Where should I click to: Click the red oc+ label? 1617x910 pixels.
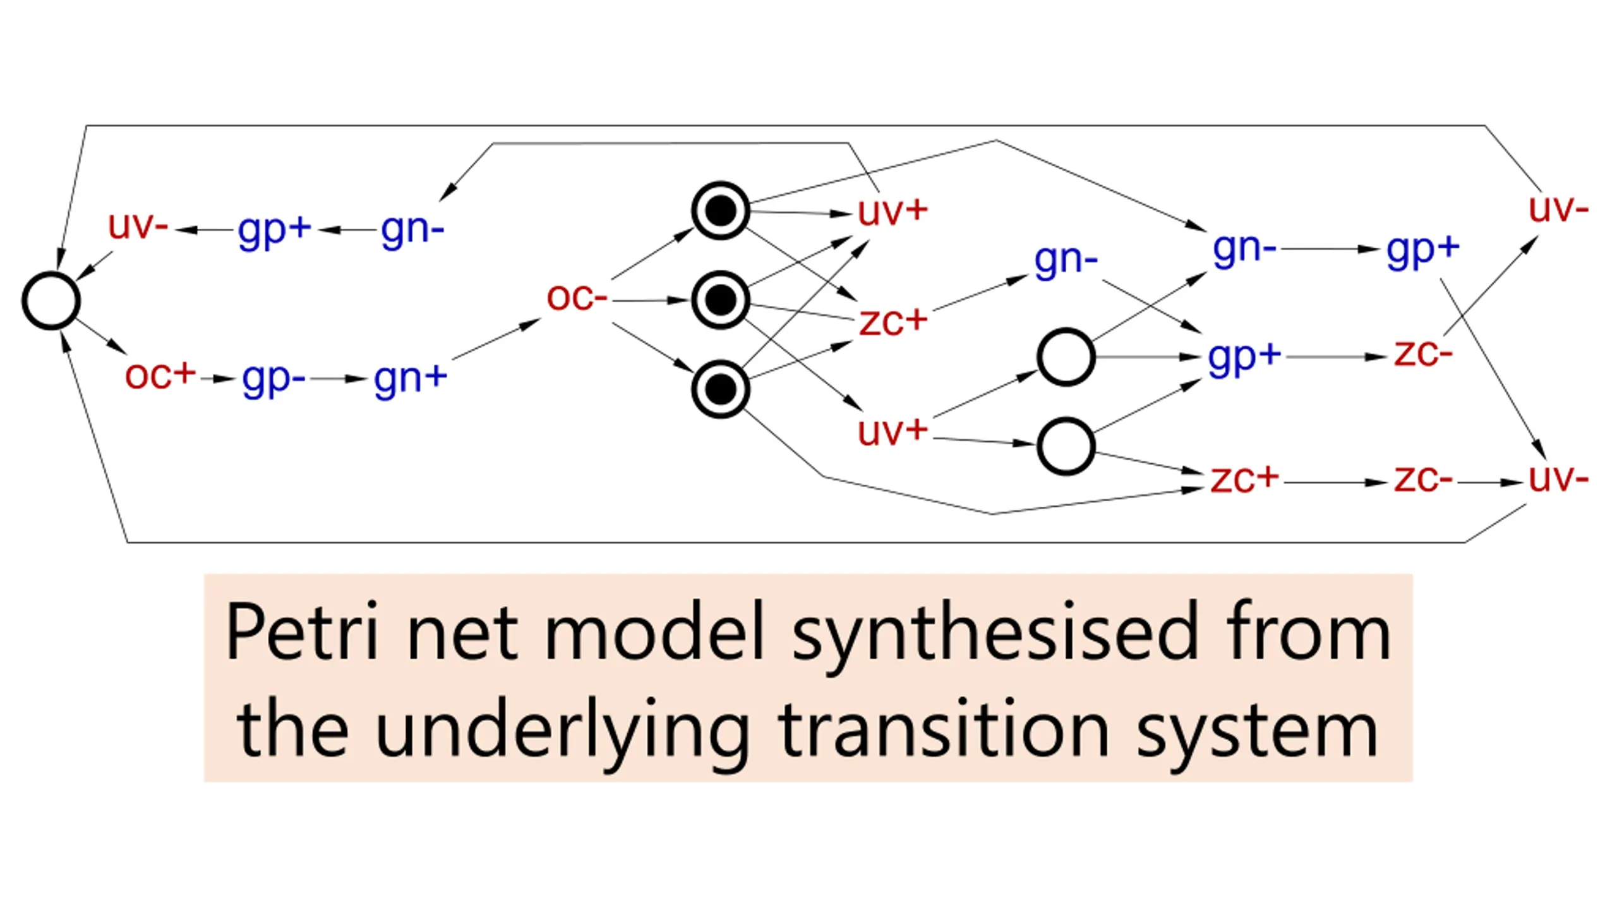[160, 375]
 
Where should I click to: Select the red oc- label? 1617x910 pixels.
[577, 297]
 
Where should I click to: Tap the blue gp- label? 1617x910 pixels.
[274, 380]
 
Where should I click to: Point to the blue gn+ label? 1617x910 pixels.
[411, 380]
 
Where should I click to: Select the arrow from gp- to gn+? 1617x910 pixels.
[339, 379]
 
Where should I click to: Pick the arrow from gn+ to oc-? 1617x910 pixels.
[496, 339]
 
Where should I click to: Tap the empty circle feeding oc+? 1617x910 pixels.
[51, 301]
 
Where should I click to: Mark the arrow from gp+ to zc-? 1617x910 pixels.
[1337, 357]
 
